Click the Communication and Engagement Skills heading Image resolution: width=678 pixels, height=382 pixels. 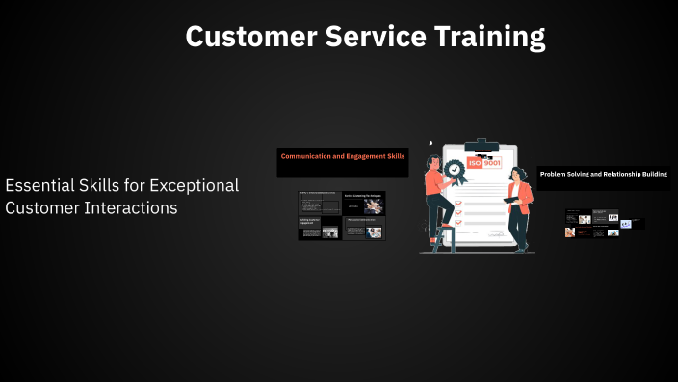point(343,155)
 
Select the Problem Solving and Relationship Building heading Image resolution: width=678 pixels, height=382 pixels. point(603,174)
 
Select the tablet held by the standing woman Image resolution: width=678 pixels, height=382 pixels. point(510,200)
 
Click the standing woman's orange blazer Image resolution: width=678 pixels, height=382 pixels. point(523,198)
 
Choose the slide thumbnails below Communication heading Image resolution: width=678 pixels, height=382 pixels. point(342,215)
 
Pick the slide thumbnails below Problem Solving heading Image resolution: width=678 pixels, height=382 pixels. point(604,223)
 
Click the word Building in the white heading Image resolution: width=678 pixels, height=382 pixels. point(652,174)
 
